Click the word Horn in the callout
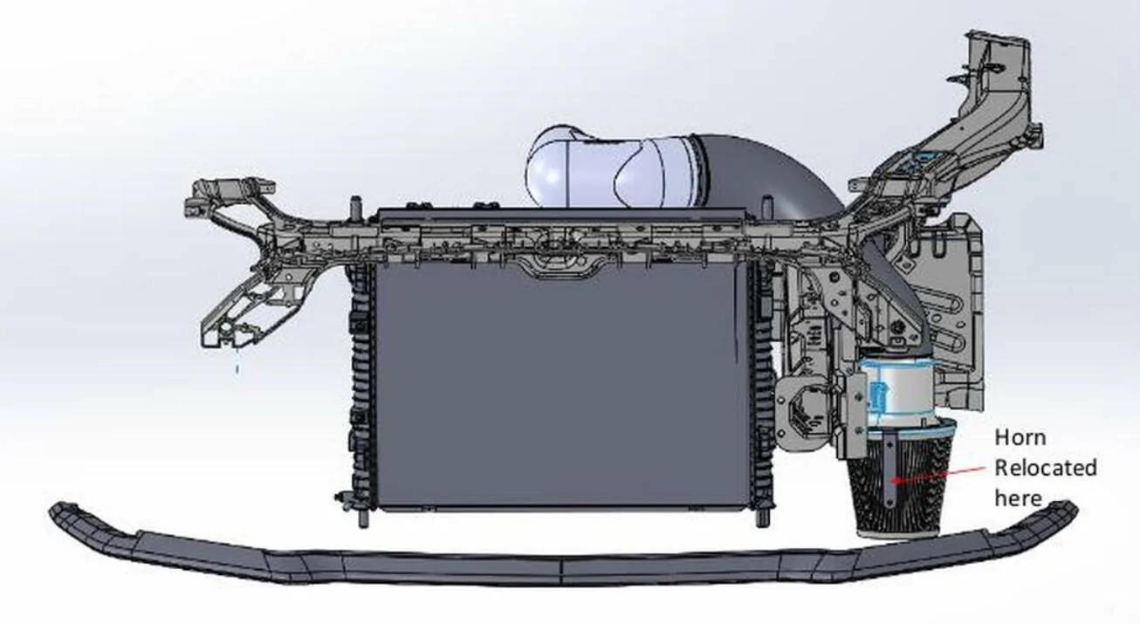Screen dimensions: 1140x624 point(1020,438)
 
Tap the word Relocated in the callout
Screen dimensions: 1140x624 point(1046,469)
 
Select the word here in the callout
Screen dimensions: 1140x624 point(1019,497)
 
